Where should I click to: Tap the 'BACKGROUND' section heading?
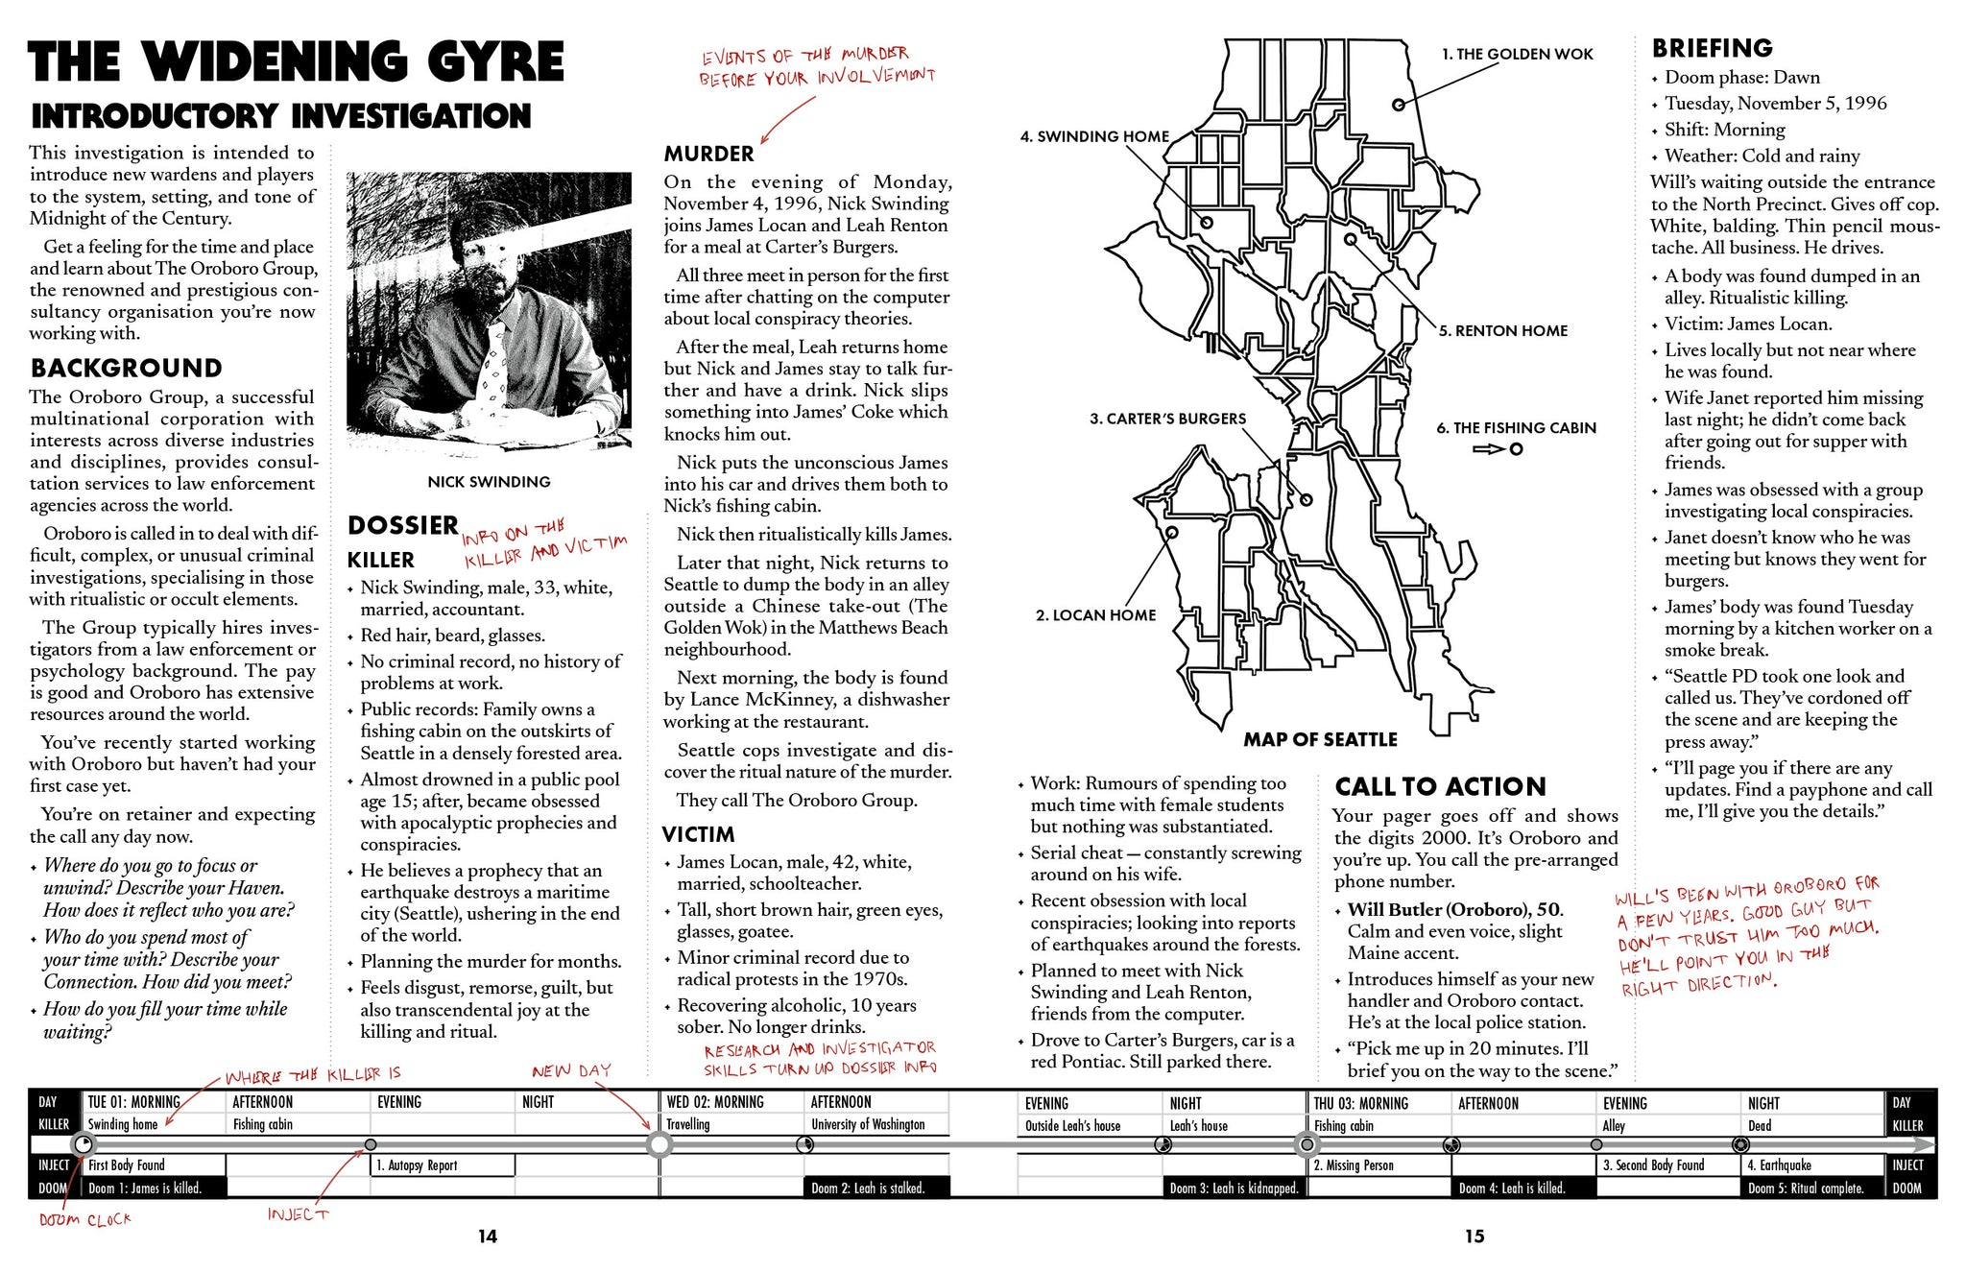[x=126, y=369]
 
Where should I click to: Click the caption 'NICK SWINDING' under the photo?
[x=489, y=482]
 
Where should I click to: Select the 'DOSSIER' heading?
[x=402, y=526]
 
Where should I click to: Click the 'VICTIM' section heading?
[x=698, y=835]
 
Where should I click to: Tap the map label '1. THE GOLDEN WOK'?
[x=1517, y=55]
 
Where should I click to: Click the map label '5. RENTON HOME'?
[x=1502, y=331]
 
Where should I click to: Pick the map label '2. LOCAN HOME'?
[x=1095, y=615]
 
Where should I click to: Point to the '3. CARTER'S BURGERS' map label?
[x=1167, y=420]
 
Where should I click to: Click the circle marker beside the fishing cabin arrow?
[x=1516, y=449]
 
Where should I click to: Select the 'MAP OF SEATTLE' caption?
[x=1320, y=740]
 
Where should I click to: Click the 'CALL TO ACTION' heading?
[x=1440, y=787]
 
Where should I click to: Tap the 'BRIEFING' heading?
[x=1712, y=48]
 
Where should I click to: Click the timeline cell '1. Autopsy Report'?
[x=443, y=1165]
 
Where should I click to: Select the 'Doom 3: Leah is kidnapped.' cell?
[x=1234, y=1188]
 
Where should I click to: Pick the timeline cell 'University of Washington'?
[x=868, y=1125]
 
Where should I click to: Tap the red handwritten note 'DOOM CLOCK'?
[x=84, y=1220]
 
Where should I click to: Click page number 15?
[x=1474, y=1236]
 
